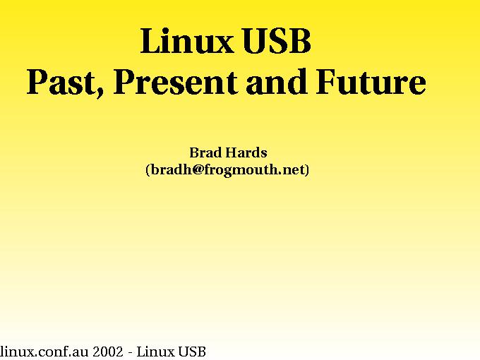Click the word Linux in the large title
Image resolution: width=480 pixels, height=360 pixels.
[x=186, y=41]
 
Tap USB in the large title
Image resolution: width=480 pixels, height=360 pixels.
[x=277, y=41]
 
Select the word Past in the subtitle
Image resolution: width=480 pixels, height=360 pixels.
[x=61, y=81]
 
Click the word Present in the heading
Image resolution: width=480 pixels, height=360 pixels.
[x=175, y=81]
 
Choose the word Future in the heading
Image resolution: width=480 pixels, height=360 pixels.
[x=371, y=81]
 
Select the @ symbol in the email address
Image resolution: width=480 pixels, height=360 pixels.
[x=198, y=169]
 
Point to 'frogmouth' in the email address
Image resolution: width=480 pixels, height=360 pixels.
[x=241, y=170]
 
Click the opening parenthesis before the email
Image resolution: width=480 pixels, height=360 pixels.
[x=148, y=170]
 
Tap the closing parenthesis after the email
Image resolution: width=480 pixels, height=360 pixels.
[x=307, y=170]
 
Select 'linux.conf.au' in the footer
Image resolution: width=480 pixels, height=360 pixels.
[x=44, y=352]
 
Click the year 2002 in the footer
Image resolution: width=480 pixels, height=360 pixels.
[x=108, y=352]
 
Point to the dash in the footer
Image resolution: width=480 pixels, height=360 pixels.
[x=131, y=353]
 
